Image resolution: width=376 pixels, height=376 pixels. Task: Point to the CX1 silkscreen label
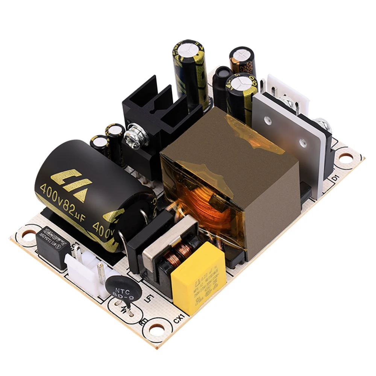pos(179,319)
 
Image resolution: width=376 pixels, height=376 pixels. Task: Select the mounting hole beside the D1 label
pos(346,157)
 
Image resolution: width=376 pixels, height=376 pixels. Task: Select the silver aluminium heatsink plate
pos(290,135)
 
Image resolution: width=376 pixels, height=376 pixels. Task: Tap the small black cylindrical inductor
pos(222,86)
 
